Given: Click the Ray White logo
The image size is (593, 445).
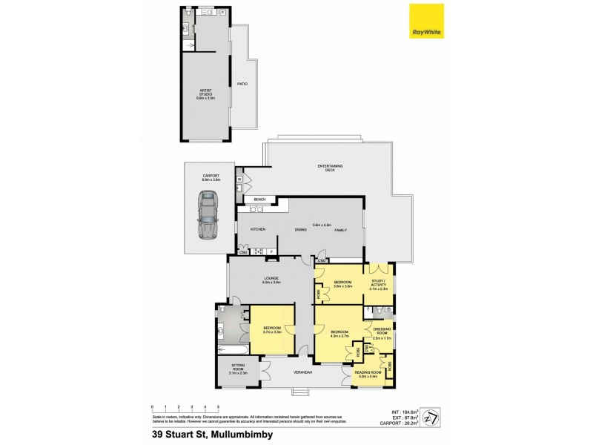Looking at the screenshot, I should click(x=426, y=22).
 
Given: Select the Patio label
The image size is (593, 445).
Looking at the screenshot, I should click(x=242, y=84).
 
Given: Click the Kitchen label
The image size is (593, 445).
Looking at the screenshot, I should click(x=257, y=230).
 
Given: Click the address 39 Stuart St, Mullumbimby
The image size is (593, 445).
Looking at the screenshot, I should click(x=210, y=435).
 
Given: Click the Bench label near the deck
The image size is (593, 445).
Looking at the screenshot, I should click(x=259, y=200).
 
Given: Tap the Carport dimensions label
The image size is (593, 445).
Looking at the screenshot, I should click(x=211, y=179).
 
